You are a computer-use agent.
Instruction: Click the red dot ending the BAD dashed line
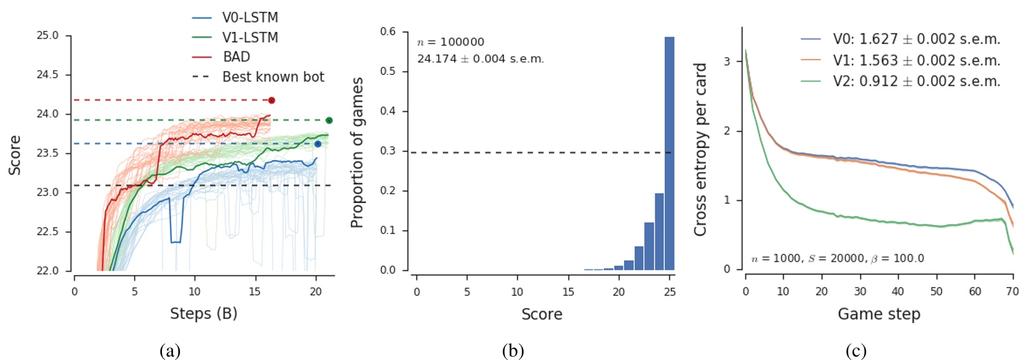[x=271, y=100]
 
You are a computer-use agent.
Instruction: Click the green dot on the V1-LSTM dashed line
[x=329, y=121]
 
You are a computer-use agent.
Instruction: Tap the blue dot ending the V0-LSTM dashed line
[x=318, y=144]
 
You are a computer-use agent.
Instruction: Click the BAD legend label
[x=236, y=57]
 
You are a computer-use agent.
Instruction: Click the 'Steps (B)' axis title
[x=203, y=313]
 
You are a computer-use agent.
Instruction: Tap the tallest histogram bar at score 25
[x=669, y=153]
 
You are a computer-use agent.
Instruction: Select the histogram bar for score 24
[x=659, y=231]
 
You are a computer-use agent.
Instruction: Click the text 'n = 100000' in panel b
[x=450, y=42]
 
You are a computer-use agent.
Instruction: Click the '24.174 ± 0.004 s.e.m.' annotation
[x=480, y=59]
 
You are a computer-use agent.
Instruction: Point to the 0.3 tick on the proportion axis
[x=388, y=151]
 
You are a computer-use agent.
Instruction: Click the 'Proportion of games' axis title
[x=357, y=152]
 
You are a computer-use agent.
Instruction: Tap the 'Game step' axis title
[x=879, y=314]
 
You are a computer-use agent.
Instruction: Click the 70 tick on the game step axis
[x=1012, y=291]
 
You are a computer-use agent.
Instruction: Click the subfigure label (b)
[x=513, y=351]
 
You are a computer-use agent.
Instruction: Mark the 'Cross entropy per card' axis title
[x=700, y=149]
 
